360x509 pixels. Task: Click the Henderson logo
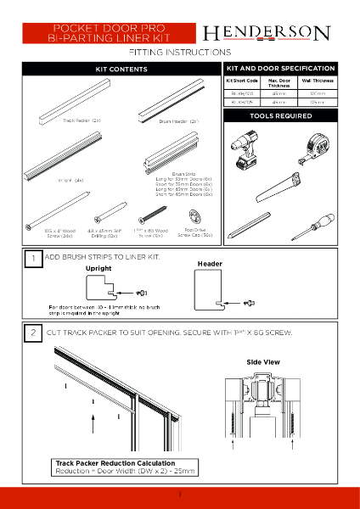[x=266, y=33]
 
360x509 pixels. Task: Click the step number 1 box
[x=32, y=257]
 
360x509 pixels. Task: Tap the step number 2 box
[x=32, y=333]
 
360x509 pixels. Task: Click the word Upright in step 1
[x=98, y=268]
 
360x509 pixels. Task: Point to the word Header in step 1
[x=210, y=264]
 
